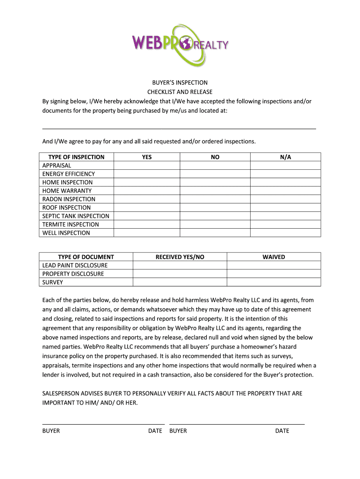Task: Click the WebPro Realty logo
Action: (x=180, y=45)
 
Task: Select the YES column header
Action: (x=147, y=157)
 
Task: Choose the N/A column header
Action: (x=285, y=157)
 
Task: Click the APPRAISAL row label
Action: (x=57, y=166)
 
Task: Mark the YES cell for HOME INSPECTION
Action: (x=147, y=182)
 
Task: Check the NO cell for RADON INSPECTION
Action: (x=215, y=199)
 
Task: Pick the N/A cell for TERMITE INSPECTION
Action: (x=285, y=225)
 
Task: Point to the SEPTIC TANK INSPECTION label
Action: (x=76, y=216)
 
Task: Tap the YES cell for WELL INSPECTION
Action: (x=147, y=233)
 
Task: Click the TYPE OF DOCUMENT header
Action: (x=86, y=257)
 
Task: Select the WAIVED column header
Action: (x=274, y=257)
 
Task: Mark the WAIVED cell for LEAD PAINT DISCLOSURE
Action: (x=274, y=266)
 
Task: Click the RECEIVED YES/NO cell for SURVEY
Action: (x=180, y=283)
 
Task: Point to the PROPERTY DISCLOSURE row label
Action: (x=73, y=274)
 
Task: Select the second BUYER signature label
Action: (x=178, y=431)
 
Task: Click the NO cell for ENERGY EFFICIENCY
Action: (x=215, y=174)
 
